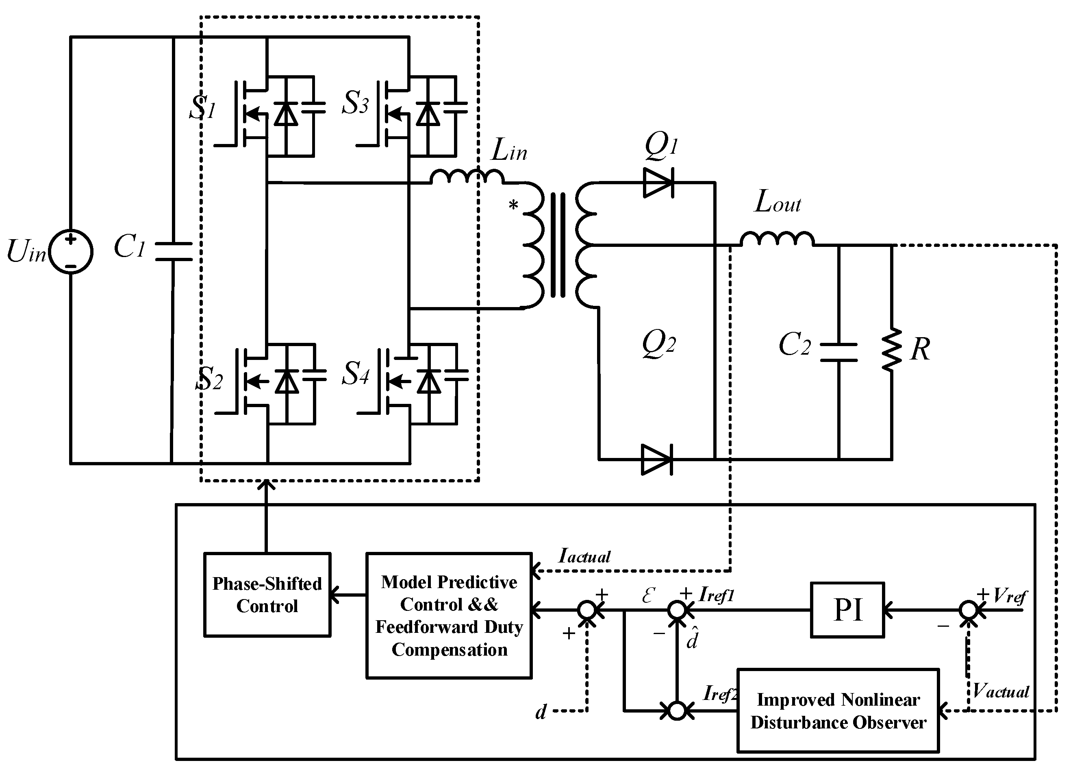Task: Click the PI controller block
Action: point(847,610)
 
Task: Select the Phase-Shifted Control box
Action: point(267,595)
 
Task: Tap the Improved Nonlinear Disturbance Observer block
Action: point(838,711)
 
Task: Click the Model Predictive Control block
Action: point(448,615)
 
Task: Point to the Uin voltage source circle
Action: point(71,252)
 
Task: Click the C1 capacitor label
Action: point(129,247)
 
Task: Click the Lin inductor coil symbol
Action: point(467,177)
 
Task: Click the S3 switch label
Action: point(355,103)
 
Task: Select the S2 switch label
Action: point(209,379)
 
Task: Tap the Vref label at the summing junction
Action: point(1010,595)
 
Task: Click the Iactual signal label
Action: point(584,556)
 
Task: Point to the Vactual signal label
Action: point(1001,692)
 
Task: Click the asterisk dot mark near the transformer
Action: point(513,206)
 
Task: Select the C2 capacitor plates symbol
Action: point(838,352)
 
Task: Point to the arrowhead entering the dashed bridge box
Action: point(267,484)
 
